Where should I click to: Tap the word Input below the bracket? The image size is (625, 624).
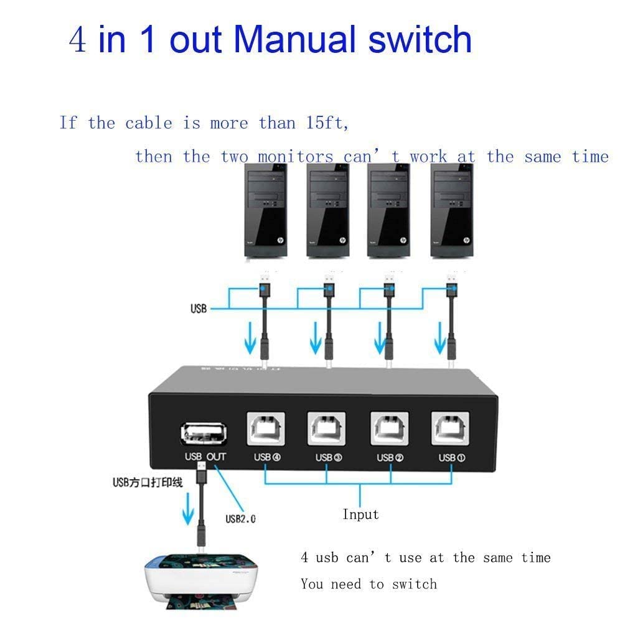360,515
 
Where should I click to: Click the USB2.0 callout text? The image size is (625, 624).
240,518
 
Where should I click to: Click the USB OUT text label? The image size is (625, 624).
205,457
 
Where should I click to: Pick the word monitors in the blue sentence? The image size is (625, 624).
296,156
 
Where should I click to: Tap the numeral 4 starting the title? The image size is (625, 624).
78,40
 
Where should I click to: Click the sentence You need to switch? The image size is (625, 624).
369,584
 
